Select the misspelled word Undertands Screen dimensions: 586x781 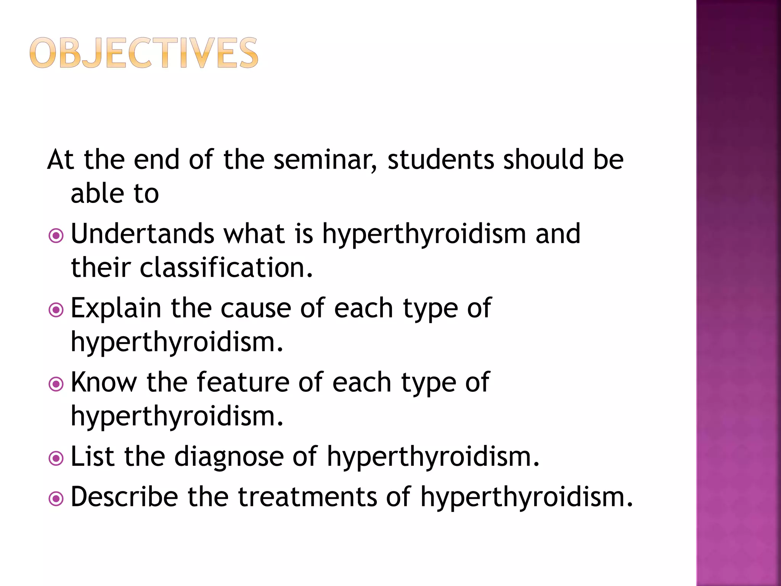pyautogui.click(x=143, y=233)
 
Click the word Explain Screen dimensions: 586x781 pyautogui.click(x=116, y=308)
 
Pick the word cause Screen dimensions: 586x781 pyautogui.click(x=256, y=308)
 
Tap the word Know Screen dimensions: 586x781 pyautogui.click(x=104, y=382)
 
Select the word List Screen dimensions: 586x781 pyautogui.click(x=92, y=456)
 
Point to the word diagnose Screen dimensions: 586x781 pyautogui.click(x=229, y=457)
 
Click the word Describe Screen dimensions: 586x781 pyautogui.click(x=124, y=497)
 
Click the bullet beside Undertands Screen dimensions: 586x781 pyautogui.click(x=56, y=236)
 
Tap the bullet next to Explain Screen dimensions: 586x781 pyautogui.click(x=56, y=310)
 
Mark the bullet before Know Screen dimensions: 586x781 pyautogui.click(x=56, y=384)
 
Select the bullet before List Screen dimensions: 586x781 pyautogui.click(x=56, y=458)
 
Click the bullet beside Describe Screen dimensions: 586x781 pyautogui.click(x=56, y=498)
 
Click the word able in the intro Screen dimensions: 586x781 pyautogui.click(x=97, y=193)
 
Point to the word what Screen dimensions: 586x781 pyautogui.click(x=254, y=233)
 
